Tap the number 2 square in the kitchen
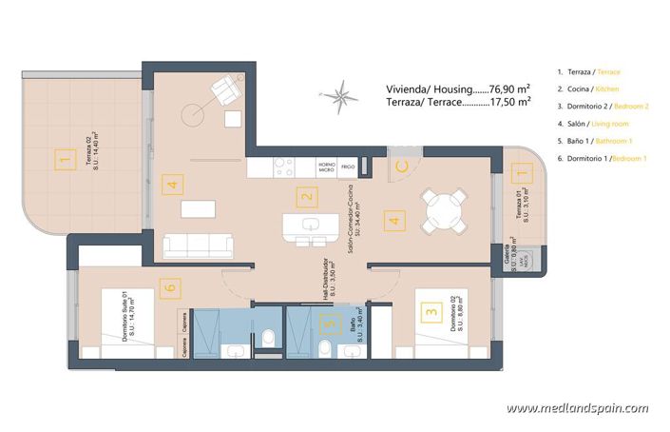(x=305, y=199)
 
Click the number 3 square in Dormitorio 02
(x=431, y=310)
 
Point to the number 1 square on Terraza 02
(x=64, y=160)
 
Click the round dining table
(x=444, y=206)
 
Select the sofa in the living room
(x=199, y=245)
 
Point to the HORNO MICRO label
(x=327, y=167)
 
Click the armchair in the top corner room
(x=226, y=92)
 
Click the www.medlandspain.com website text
(x=577, y=408)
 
